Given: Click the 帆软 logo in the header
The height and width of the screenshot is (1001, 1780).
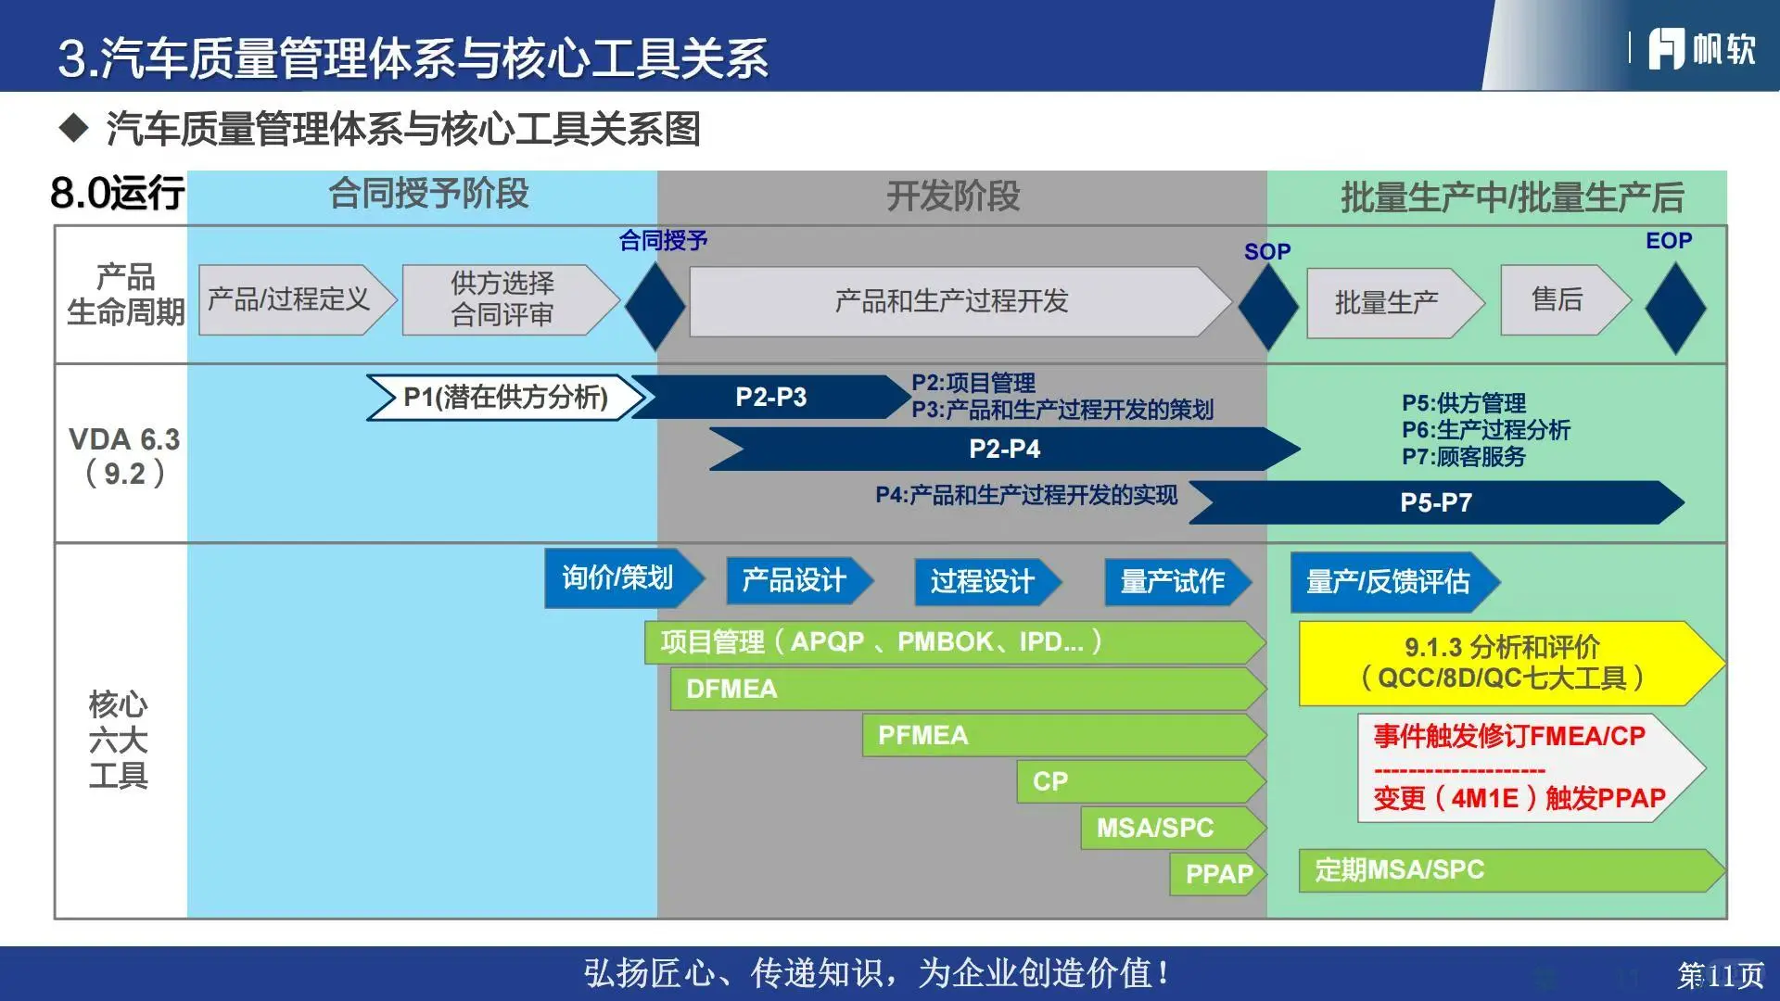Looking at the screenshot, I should tap(1701, 48).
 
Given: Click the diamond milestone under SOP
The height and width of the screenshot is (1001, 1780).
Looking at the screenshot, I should tap(1267, 307).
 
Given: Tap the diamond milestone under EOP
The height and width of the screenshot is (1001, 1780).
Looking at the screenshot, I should tap(1674, 308).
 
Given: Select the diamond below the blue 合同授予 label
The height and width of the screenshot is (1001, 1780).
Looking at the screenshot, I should tap(655, 306).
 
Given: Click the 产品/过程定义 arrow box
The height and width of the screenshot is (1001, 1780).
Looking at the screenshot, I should tap(292, 299).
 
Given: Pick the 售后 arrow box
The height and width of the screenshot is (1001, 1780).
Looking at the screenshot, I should tap(1560, 299).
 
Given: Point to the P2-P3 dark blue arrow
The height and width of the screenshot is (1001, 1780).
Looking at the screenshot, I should tap(770, 397).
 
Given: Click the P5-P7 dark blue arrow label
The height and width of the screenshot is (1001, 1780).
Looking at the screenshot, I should tap(1435, 502).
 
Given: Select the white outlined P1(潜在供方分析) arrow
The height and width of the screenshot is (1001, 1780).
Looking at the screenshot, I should tap(505, 397).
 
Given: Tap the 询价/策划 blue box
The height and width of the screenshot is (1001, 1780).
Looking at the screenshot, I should tap(618, 577).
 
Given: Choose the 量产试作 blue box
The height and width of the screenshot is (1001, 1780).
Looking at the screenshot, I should tap(1173, 581).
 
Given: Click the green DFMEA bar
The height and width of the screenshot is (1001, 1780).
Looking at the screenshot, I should tap(964, 689).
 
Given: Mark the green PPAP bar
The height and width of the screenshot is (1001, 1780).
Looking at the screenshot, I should tap(1216, 873).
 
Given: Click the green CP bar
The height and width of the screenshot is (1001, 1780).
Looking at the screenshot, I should tap(1138, 781).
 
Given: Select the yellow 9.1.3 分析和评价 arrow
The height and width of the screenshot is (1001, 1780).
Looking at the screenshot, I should tap(1502, 663).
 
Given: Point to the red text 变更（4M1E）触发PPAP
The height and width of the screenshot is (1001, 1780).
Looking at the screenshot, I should tap(1519, 798).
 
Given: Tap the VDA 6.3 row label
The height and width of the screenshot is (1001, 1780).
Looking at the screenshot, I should tap(124, 455).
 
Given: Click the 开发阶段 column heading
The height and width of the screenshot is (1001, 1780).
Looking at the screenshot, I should tap(953, 196).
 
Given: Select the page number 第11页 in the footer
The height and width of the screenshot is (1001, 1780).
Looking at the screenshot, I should tap(1720, 975).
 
